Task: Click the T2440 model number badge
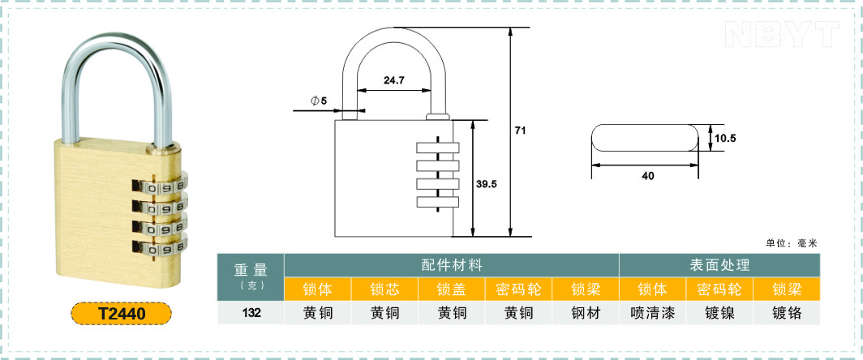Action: click(122, 314)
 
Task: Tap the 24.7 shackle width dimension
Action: click(394, 80)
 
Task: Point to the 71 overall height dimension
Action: click(521, 131)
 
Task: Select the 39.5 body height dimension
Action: click(487, 184)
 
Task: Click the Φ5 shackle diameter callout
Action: click(319, 101)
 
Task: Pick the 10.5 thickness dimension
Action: click(725, 138)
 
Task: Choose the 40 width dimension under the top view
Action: click(648, 176)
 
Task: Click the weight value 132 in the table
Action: click(251, 313)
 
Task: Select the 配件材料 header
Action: click(452, 265)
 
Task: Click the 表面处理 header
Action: click(720, 265)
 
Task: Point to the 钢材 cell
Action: click(586, 313)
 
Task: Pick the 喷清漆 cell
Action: click(653, 313)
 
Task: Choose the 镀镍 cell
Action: click(720, 313)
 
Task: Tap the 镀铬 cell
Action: click(787, 313)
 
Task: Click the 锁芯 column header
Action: click(384, 289)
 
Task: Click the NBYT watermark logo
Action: click(783, 34)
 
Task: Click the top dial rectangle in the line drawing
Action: click(437, 148)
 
